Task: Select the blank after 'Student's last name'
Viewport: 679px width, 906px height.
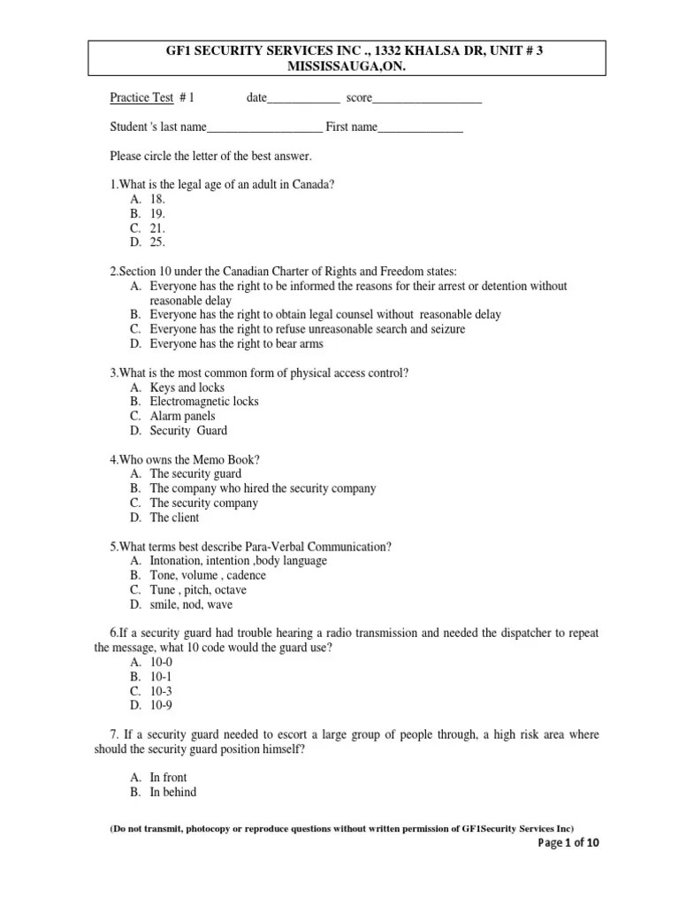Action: [x=264, y=130]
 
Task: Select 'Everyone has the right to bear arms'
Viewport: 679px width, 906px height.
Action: [x=236, y=343]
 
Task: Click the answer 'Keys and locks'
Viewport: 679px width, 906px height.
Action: [x=187, y=388]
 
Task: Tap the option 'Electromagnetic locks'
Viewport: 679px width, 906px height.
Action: [x=204, y=402]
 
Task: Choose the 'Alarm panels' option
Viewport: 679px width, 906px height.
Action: [x=182, y=416]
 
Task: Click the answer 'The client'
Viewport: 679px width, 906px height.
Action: [x=174, y=518]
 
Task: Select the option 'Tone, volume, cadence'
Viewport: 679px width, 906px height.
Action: [x=208, y=575]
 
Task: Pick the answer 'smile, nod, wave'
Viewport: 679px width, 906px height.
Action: [x=191, y=605]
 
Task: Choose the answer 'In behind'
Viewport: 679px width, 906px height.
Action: [x=173, y=792]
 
